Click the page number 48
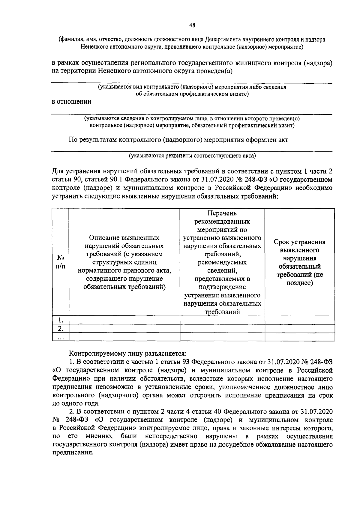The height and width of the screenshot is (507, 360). pyautogui.click(x=192, y=25)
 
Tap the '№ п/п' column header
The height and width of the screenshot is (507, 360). pyautogui.click(x=60, y=262)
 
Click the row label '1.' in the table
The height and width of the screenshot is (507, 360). pyautogui.click(x=60, y=320)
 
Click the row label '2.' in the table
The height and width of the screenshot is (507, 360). pyautogui.click(x=60, y=328)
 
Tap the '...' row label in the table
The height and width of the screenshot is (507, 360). pyautogui.click(x=60, y=337)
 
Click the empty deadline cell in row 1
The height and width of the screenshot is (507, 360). pyautogui.click(x=299, y=320)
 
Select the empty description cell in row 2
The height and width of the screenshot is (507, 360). pyautogui.click(x=124, y=328)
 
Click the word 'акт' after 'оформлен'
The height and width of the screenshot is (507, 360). pyautogui.click(x=282, y=140)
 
